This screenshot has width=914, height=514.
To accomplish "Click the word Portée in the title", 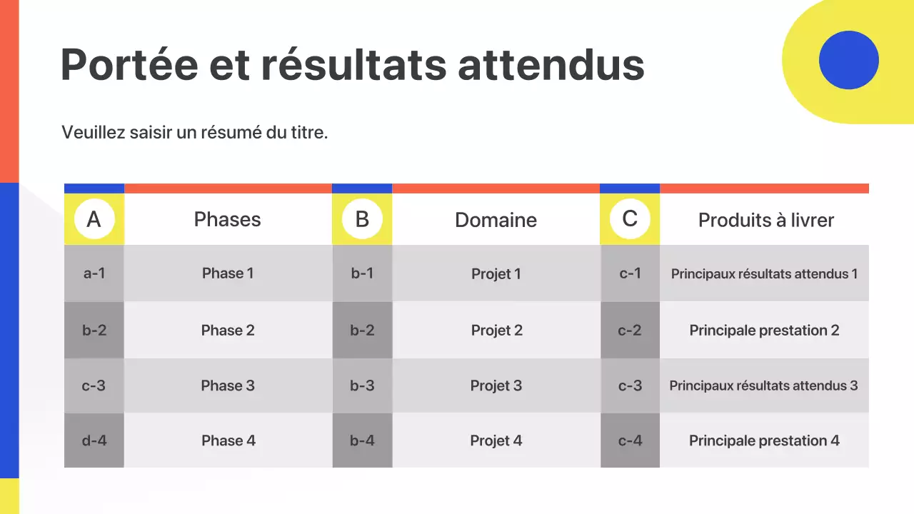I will pos(129,64).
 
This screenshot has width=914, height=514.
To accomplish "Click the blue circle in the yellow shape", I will pos(848,60).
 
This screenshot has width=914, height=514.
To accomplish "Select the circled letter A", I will pos(94,219).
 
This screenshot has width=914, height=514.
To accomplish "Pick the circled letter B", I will pos(362,219).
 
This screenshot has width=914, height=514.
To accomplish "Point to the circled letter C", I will pos(630,218).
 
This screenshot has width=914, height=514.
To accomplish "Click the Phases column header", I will pos(228,219).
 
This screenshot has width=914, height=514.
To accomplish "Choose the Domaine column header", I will pos(496,220).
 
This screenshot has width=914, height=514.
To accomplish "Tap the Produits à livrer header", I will pos(765,220).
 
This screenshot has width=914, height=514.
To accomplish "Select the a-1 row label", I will pos(94,273).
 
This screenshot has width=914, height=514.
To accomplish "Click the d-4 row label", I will pos(94,440).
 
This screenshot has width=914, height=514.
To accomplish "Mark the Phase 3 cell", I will pos(228,385).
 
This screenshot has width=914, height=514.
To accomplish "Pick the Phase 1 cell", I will pos(228,273).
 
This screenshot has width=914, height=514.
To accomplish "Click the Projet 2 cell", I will pos(496,330).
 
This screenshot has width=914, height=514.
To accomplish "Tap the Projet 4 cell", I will pos(496,440).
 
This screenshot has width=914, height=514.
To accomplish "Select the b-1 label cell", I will pos(362,273).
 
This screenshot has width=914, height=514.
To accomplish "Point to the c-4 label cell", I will pos(630,440).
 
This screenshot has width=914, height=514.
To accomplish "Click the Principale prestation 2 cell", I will pos(764,330).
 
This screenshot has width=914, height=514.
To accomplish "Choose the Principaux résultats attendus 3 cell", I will pos(763,385).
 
